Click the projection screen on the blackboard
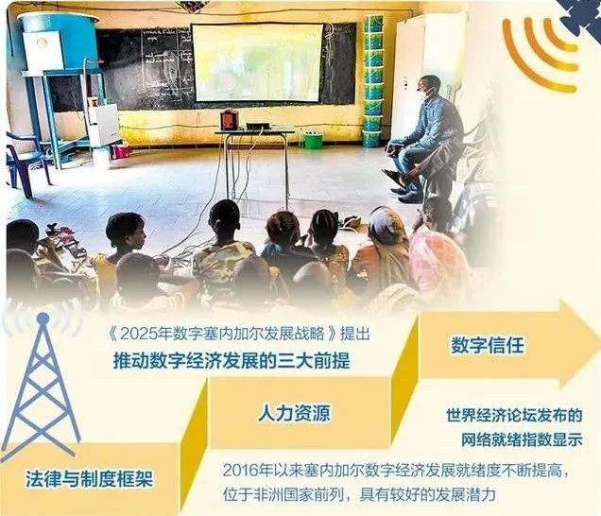(257, 63)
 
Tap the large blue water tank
(58, 41)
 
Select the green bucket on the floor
(314, 140)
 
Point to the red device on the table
(229, 119)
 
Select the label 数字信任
(487, 345)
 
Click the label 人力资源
(294, 413)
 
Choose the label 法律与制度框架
(90, 479)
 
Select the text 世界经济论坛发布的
(514, 416)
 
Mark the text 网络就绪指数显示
(522, 439)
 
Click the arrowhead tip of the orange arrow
(599, 344)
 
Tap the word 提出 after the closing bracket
(355, 334)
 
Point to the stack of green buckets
(372, 81)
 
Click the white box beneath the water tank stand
(103, 126)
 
